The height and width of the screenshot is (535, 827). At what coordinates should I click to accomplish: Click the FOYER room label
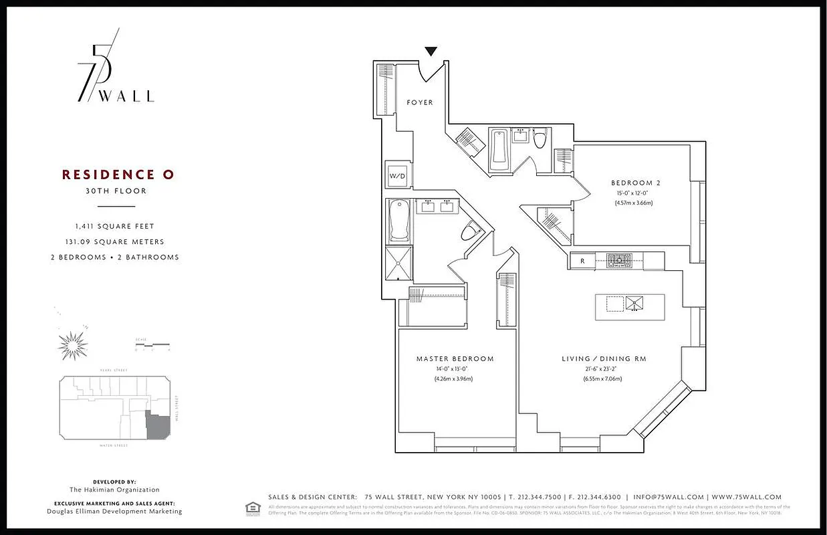click(x=420, y=102)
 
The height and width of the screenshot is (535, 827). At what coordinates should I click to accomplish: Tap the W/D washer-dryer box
click(x=397, y=176)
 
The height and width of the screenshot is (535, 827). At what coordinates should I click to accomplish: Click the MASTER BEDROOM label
click(x=455, y=359)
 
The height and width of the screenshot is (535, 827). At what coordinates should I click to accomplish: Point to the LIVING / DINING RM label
click(x=604, y=359)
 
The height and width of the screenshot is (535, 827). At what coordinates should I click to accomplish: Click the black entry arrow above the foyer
click(x=431, y=51)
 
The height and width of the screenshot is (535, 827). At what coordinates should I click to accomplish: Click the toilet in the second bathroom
click(x=540, y=138)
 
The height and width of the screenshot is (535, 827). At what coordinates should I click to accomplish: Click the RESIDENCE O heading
click(x=118, y=175)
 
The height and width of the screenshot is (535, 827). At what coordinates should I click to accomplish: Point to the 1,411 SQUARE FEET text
click(x=114, y=226)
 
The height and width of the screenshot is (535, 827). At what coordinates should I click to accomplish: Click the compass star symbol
click(x=73, y=344)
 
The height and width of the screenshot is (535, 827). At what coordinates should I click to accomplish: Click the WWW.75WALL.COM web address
click(x=747, y=497)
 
